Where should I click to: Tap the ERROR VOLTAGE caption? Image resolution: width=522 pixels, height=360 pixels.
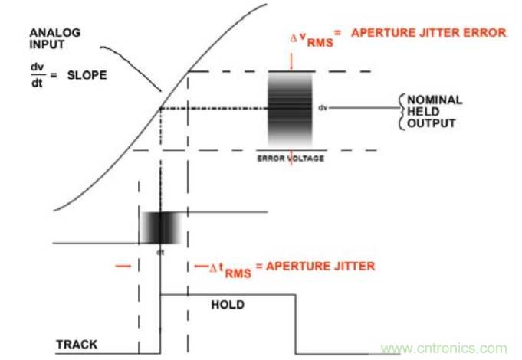tap(291, 159)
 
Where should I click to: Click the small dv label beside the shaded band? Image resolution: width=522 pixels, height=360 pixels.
tap(323, 109)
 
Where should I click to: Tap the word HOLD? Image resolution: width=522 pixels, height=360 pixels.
tap(227, 305)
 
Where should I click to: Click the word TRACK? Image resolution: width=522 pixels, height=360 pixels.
tap(77, 345)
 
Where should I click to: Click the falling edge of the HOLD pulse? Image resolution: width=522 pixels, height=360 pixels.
tap(296, 322)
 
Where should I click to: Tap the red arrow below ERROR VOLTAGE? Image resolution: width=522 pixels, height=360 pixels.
tap(291, 168)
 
